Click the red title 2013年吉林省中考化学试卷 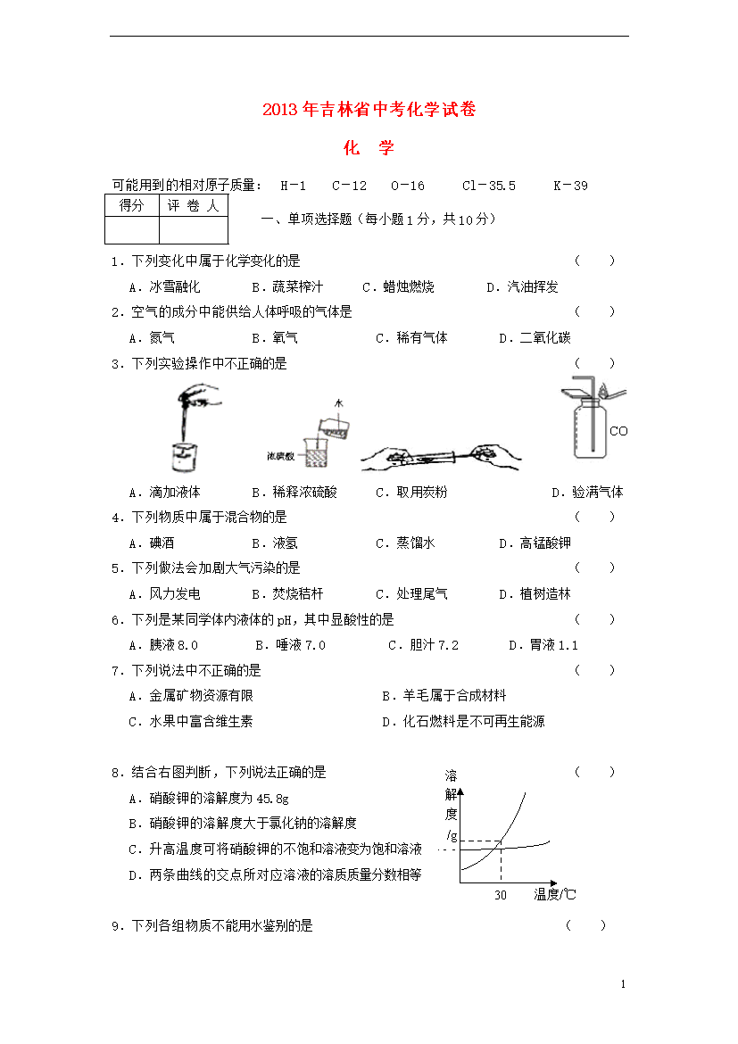tap(369, 110)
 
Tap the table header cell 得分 tap(131, 206)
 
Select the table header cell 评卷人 tap(193, 206)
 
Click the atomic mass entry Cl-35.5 tap(488, 186)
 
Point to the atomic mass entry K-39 tap(570, 186)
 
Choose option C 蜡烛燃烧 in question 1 tap(398, 287)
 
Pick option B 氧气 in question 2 tap(275, 338)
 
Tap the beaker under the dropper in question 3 tap(183, 455)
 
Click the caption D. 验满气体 tap(586, 493)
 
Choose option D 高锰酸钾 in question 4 tap(535, 543)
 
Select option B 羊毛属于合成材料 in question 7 tap(444, 696)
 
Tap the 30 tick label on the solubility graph tap(500, 895)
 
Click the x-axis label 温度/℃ tap(554, 895)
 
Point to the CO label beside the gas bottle tap(618, 432)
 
